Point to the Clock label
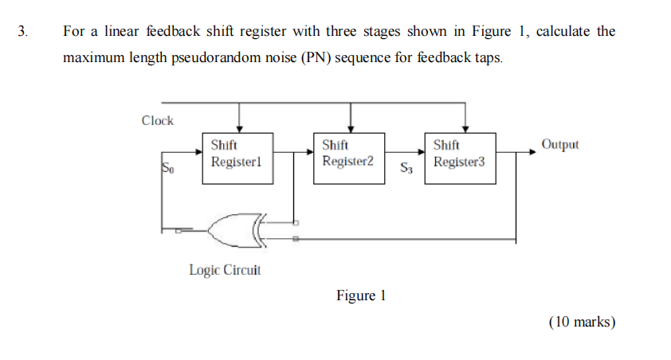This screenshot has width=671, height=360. pos(157,120)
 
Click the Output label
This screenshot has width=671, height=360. pos(559,144)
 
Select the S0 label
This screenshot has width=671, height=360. pos(167,168)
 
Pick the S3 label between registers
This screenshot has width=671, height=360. pos(406,168)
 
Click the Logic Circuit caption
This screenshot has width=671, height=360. pos(225,270)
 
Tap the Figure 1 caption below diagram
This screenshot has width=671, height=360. pos(361,295)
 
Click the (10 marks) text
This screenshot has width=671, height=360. pos(582,322)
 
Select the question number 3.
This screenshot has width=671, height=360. pos(22,32)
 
